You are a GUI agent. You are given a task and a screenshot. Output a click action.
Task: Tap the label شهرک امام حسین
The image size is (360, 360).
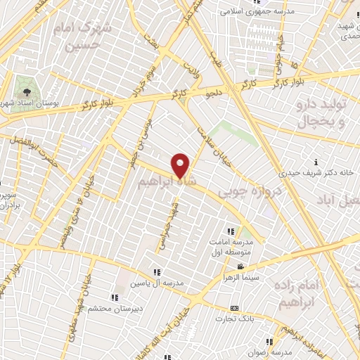(83, 36)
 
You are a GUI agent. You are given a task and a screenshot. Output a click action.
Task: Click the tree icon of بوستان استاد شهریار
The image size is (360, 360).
(26, 91)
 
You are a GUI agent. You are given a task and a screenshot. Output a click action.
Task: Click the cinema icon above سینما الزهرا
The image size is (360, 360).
(241, 266)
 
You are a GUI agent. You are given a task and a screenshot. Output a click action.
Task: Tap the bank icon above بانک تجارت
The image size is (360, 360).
(234, 308)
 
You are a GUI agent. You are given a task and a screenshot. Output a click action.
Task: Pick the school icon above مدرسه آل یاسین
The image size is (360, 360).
(157, 272)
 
